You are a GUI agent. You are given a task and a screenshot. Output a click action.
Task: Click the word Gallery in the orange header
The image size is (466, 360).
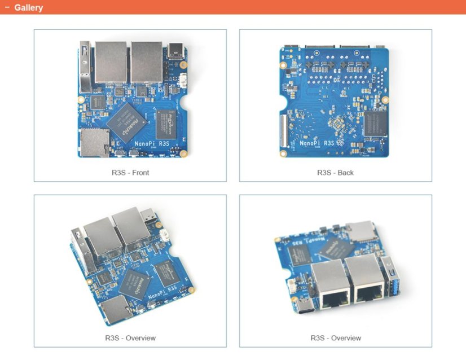28,8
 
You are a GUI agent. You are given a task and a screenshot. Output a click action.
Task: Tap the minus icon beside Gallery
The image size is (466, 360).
7,8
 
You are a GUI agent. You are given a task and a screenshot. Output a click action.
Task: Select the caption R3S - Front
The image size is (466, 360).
130,172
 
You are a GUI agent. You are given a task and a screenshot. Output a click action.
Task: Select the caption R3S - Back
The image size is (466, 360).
335,172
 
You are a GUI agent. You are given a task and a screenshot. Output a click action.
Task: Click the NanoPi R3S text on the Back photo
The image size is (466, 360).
320,144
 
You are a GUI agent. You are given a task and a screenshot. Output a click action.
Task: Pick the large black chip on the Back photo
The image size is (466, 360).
375,124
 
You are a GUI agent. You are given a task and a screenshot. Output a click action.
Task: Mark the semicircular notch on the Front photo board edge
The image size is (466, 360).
186,105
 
